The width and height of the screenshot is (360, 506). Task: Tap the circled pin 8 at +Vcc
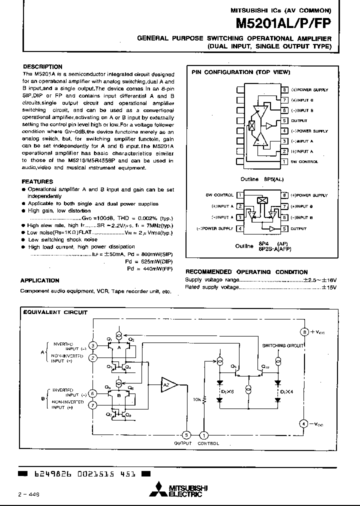coord(303,332)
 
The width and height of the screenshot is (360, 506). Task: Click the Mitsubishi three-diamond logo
coord(161,489)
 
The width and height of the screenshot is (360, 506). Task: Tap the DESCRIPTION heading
coord(42,66)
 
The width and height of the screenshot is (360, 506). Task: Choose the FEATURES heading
coord(37,181)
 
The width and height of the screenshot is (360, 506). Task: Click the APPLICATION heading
coord(40,280)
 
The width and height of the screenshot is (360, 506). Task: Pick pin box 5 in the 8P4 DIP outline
coord(283,228)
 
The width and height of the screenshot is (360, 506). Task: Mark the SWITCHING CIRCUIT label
coord(282,345)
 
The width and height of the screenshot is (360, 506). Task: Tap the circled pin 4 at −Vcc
coord(303,423)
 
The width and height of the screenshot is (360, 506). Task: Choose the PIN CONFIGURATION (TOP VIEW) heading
coord(240,72)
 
